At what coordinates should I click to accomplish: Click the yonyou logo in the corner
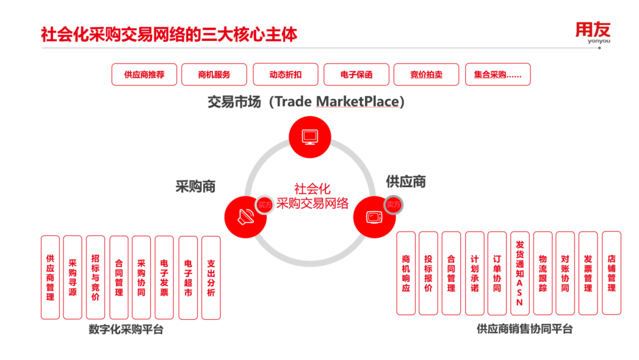click(592, 33)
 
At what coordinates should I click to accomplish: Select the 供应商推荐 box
click(144, 75)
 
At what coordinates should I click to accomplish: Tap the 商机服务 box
click(214, 75)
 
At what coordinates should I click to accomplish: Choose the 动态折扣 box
click(285, 75)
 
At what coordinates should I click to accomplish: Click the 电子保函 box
click(356, 75)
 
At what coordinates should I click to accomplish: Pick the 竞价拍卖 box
click(426, 75)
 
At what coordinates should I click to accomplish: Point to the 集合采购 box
click(498, 75)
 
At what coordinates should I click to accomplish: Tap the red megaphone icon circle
click(245, 217)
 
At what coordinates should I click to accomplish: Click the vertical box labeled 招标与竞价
click(95, 277)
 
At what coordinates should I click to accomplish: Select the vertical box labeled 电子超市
click(188, 277)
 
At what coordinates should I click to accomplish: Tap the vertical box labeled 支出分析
click(211, 277)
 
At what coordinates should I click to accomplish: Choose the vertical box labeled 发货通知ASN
click(519, 272)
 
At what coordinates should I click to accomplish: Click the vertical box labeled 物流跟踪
click(543, 272)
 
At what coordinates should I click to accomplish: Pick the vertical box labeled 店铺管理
click(611, 272)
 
